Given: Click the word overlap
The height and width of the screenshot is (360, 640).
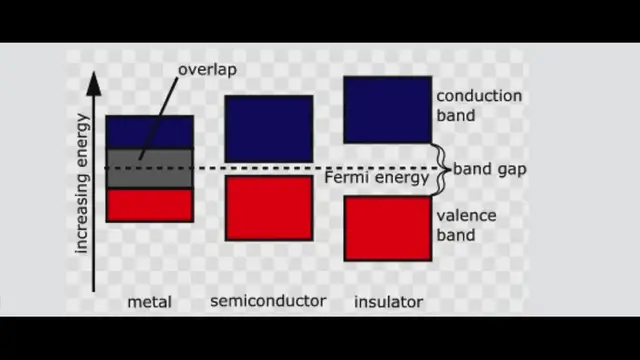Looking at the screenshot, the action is pyautogui.click(x=208, y=71).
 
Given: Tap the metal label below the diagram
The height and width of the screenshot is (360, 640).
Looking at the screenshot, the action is pyautogui.click(x=150, y=302).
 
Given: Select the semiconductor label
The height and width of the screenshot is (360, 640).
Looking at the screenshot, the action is pyautogui.click(x=268, y=300).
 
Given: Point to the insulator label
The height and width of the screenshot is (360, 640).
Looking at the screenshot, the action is pyautogui.click(x=388, y=301).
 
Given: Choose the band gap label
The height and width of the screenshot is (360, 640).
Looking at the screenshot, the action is pyautogui.click(x=489, y=169).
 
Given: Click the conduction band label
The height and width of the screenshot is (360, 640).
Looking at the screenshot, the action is pyautogui.click(x=478, y=106).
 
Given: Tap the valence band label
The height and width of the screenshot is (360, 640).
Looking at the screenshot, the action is pyautogui.click(x=466, y=225).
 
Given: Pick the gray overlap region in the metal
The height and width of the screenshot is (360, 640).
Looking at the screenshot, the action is pyautogui.click(x=150, y=168).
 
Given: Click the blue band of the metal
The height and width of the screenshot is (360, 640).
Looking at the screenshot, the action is pyautogui.click(x=150, y=132).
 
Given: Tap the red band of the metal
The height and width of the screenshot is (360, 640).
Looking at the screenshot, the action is pyautogui.click(x=150, y=205).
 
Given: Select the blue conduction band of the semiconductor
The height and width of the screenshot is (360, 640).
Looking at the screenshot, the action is pyautogui.click(x=268, y=128).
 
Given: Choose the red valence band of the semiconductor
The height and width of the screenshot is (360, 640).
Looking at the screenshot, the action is pyautogui.click(x=268, y=208).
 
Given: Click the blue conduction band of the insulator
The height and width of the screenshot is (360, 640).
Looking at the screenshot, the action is pyautogui.click(x=387, y=109).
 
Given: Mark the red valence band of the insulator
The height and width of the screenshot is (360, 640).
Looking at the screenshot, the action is pyautogui.click(x=387, y=228).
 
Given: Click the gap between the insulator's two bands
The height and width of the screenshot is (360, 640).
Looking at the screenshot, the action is pyautogui.click(x=387, y=169).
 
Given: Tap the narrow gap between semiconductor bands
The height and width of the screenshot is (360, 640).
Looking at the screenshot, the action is pyautogui.click(x=268, y=169).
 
